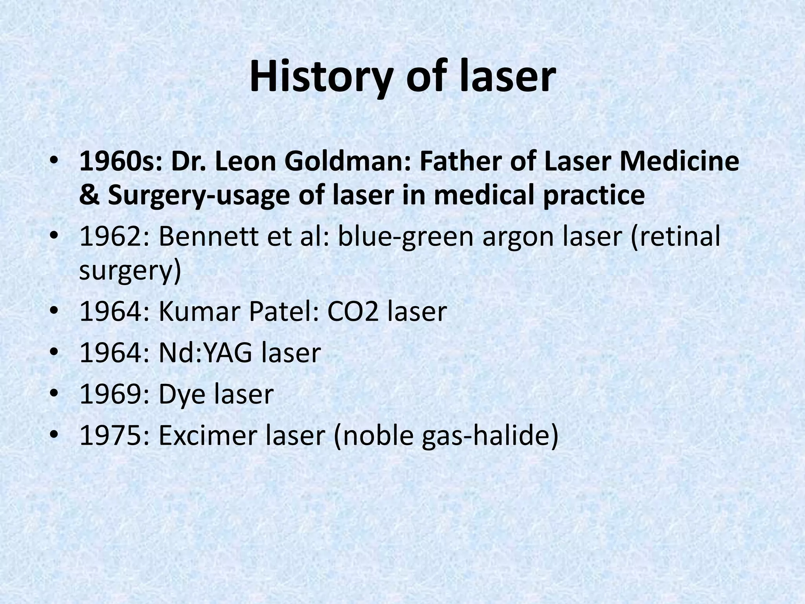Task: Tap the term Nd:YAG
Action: click(x=205, y=353)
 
